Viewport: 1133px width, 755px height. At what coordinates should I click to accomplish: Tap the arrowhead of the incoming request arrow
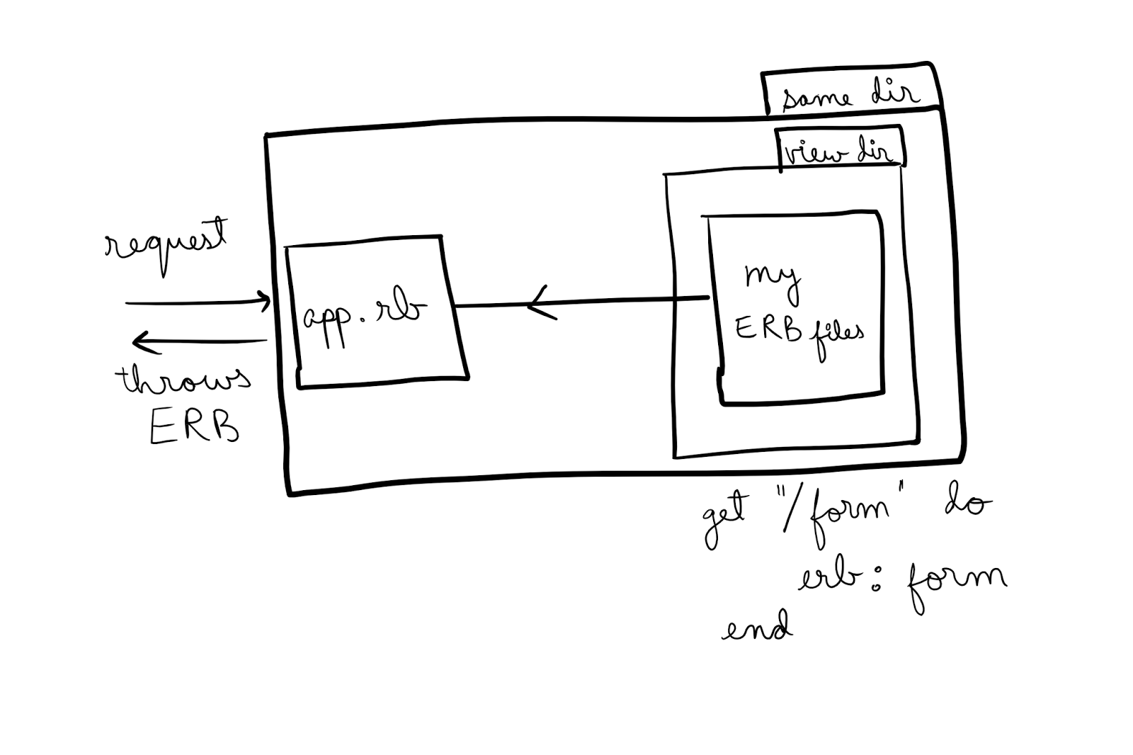click(265, 301)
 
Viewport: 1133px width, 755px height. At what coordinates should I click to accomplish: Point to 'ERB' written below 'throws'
click(194, 427)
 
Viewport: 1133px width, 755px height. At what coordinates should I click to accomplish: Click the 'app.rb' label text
click(365, 315)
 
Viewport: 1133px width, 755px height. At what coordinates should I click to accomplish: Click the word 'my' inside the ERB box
click(772, 278)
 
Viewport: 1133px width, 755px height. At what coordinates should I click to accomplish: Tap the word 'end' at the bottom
click(756, 628)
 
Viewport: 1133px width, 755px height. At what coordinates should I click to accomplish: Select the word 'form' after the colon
click(952, 582)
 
